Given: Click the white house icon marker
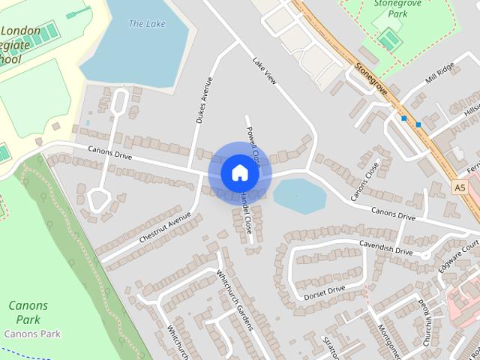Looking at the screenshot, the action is pos(239,172).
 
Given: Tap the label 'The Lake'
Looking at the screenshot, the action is pos(146,24).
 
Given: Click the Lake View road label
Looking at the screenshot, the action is pos(265,70).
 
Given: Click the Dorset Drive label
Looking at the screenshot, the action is pos(324,292).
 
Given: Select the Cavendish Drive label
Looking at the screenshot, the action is pos(385,248).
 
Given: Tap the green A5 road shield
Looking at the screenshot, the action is pos(460,187).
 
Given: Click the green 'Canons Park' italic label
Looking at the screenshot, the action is pos(28,312).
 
